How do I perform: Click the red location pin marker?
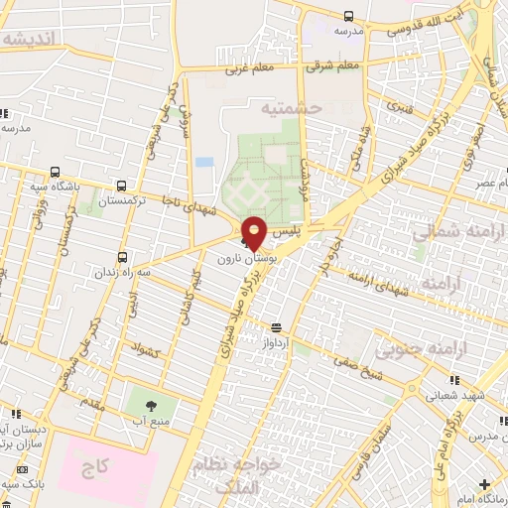pyautogui.click(x=254, y=232)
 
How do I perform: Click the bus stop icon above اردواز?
pyautogui.click(x=276, y=326)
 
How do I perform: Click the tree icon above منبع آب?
pyautogui.click(x=151, y=404)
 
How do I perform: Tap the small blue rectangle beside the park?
pyautogui.click(x=203, y=161)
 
